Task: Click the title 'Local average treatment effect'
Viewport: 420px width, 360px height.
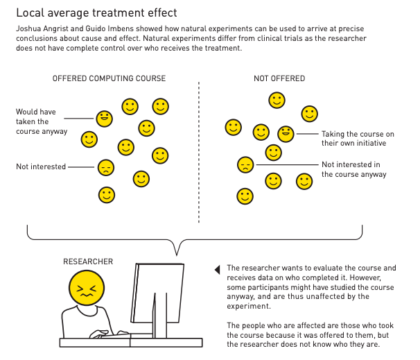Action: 96,13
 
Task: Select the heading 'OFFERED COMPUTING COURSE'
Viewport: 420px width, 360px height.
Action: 109,78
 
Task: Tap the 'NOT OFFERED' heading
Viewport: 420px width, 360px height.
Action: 279,78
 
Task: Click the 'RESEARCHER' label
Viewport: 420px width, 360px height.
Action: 88,262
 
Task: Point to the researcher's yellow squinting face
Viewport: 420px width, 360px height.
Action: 87,288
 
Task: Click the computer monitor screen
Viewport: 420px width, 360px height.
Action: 157,293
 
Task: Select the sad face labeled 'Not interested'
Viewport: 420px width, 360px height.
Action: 106,168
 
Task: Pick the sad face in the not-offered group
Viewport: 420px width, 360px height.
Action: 245,164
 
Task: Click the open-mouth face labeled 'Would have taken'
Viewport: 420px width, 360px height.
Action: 104,119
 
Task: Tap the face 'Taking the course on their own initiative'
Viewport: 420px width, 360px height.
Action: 286,134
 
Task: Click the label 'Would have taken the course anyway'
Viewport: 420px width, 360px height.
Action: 42,121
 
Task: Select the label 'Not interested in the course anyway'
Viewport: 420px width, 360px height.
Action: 354,169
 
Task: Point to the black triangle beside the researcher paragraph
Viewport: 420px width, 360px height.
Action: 217,270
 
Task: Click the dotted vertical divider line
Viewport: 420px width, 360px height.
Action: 199,153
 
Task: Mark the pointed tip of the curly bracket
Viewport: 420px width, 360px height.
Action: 177,255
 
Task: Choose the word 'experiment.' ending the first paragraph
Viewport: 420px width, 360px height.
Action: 249,306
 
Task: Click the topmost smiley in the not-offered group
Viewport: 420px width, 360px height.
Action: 277,101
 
